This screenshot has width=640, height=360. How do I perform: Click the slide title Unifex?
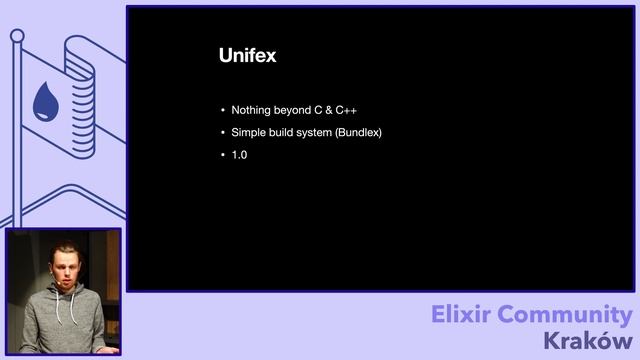pyautogui.click(x=247, y=56)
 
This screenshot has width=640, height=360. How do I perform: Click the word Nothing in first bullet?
pyautogui.click(x=251, y=110)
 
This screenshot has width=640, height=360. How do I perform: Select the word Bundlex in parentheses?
pyautogui.click(x=359, y=133)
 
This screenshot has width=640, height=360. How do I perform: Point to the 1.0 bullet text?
pyautogui.click(x=239, y=156)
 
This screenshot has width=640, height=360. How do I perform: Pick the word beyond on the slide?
pyautogui.click(x=292, y=110)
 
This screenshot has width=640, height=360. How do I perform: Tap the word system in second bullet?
pyautogui.click(x=315, y=133)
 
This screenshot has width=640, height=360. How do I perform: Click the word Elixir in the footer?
pyautogui.click(x=464, y=315)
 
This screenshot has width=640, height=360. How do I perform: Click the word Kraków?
pyautogui.click(x=589, y=341)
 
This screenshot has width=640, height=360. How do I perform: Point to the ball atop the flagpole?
pyautogui.click(x=17, y=36)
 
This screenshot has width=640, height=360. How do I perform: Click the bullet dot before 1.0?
pyautogui.click(x=223, y=156)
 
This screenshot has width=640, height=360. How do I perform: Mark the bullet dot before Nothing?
pyautogui.click(x=223, y=110)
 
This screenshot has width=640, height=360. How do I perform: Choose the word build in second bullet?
pyautogui.click(x=282, y=133)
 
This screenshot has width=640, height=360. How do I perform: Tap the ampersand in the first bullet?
pyautogui.click(x=326, y=110)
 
